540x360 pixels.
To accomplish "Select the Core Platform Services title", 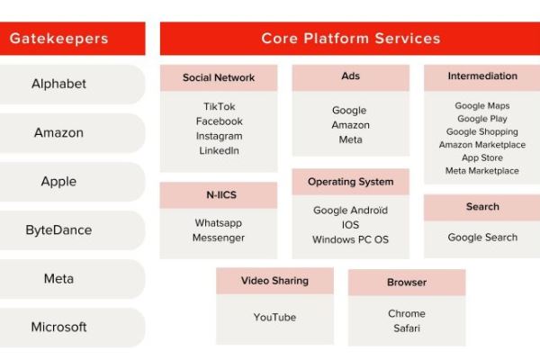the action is [351, 38].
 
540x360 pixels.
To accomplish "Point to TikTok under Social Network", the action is [219, 106].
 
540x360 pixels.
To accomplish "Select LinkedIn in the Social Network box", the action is [219, 150].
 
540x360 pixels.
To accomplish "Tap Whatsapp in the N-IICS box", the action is [219, 223].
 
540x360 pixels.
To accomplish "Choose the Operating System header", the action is [351, 182].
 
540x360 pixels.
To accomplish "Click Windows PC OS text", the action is [351, 239].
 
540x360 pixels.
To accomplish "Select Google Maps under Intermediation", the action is [482, 106].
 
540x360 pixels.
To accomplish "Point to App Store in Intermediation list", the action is [482, 157].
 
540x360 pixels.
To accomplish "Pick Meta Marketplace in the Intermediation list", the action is [482, 171].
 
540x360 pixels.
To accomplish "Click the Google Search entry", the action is [482, 238].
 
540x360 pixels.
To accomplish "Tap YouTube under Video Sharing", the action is [274, 317].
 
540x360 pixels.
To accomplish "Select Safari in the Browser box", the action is [407, 328].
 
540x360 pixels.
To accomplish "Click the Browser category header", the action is [407, 283].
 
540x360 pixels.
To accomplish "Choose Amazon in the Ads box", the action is [351, 125].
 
